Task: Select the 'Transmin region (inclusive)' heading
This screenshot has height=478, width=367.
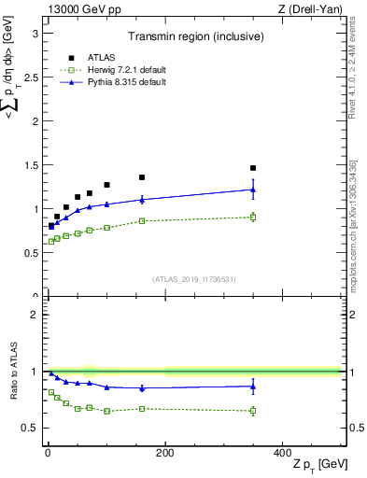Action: point(193,38)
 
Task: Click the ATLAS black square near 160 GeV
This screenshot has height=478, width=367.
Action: point(142,177)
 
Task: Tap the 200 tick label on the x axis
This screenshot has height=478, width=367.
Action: point(164,453)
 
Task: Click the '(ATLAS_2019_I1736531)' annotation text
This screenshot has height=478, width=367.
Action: point(193,279)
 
